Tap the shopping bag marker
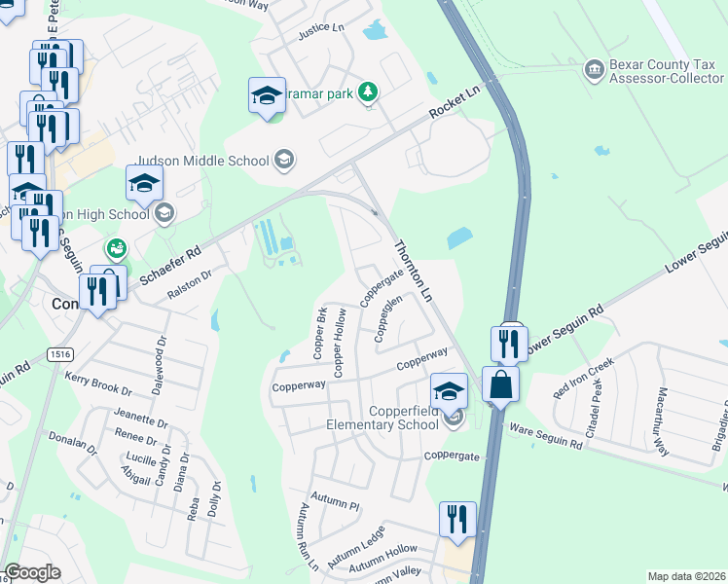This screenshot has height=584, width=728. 500,384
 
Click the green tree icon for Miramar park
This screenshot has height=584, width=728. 368,92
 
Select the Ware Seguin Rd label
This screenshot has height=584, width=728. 545,436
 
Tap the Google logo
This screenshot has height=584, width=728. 32,572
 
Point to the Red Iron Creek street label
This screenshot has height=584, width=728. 583,378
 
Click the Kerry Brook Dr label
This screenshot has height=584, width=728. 97,383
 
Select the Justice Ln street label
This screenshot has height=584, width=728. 320,30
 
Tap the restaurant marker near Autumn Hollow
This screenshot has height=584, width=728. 455,519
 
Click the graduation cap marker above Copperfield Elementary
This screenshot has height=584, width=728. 449,391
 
